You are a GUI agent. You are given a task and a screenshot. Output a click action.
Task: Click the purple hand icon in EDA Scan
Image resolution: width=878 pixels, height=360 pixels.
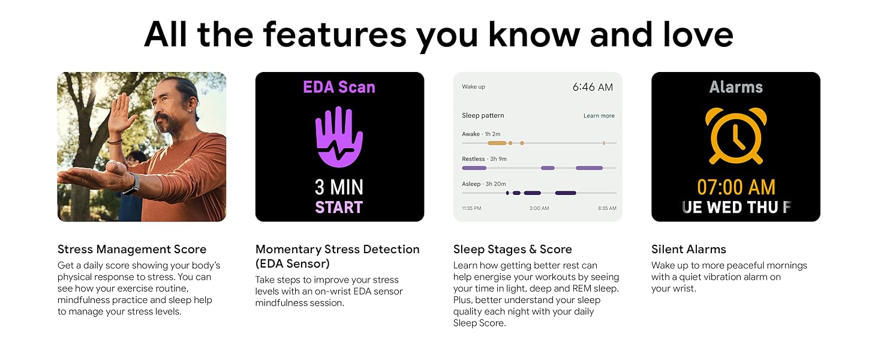(x=339, y=137)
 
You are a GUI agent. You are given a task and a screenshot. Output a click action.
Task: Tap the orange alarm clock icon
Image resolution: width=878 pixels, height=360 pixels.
(x=736, y=136)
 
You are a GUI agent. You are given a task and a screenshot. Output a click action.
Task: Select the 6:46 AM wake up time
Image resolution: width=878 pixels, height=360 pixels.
(x=593, y=87)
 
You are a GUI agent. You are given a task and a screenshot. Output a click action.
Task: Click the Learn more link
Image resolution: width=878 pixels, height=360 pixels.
(x=599, y=116)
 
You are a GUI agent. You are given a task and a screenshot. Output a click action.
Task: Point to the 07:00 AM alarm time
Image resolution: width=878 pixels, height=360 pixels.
(x=736, y=187)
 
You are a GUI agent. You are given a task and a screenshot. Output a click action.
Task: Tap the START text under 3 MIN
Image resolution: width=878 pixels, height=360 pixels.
(x=339, y=208)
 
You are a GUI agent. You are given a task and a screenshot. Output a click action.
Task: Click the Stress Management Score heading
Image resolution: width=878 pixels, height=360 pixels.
(x=132, y=250)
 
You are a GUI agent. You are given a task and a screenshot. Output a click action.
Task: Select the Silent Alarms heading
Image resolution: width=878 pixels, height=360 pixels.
(x=688, y=250)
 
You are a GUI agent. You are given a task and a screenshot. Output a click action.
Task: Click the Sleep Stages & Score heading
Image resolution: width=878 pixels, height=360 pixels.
(x=512, y=250)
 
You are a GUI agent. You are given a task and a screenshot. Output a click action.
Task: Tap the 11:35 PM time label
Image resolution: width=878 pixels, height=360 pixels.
(x=471, y=208)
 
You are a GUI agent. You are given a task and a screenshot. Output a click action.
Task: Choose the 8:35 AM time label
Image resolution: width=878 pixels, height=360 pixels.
(x=607, y=208)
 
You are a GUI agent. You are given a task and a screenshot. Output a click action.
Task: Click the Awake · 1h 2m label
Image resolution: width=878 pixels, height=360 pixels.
(x=481, y=134)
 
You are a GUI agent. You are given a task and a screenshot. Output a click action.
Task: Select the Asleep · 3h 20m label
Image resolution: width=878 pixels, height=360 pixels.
(x=484, y=184)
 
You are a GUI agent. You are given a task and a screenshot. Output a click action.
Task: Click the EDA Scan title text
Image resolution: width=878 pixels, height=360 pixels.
(x=339, y=87)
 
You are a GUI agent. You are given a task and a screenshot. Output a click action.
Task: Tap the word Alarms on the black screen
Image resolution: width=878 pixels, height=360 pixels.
(x=736, y=87)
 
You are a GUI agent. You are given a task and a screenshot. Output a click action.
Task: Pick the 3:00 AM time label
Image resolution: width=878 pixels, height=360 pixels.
(x=539, y=208)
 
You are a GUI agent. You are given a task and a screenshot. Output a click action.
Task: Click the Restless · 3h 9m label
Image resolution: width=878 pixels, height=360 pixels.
(x=484, y=159)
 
